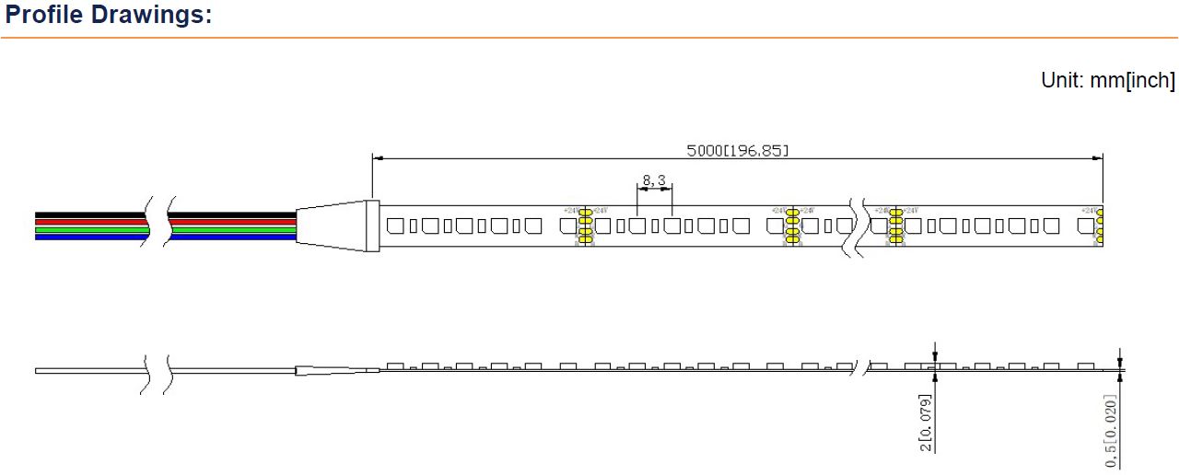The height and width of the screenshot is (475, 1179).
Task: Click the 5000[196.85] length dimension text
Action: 738,151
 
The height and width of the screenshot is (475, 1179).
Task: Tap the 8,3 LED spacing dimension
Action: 654,180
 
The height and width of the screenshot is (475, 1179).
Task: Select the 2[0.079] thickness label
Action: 926,423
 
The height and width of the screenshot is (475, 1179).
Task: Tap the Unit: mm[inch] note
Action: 1108,80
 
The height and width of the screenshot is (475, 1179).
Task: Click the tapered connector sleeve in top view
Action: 333,225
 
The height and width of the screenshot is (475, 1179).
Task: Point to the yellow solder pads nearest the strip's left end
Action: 584,226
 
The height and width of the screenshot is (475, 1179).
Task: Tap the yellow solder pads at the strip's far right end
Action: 1099,226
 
